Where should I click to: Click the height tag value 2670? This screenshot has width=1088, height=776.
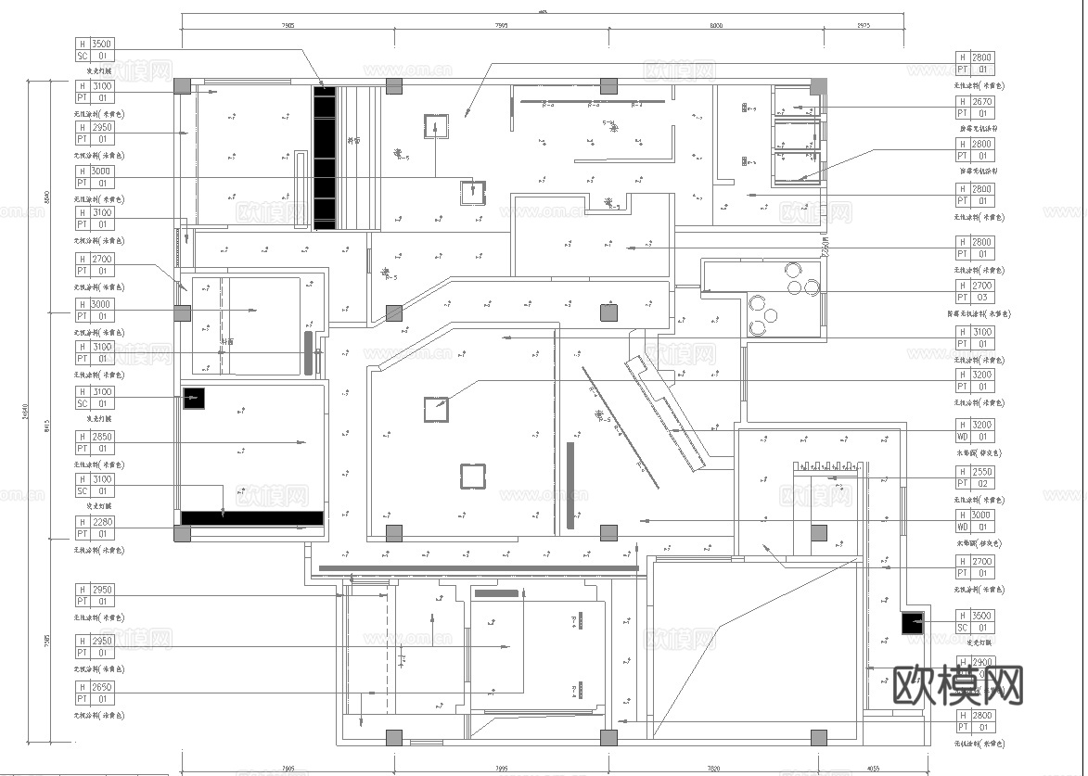(x=981, y=102)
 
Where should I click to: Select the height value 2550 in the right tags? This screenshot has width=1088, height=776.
(x=981, y=472)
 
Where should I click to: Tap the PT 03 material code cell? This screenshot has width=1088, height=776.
(x=981, y=298)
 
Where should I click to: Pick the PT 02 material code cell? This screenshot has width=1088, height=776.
(x=981, y=484)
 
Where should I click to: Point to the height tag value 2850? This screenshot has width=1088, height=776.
(x=102, y=437)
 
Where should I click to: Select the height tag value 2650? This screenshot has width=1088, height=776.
(x=102, y=688)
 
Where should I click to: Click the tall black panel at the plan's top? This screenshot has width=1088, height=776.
(x=324, y=158)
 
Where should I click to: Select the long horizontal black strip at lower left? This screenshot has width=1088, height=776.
(x=251, y=518)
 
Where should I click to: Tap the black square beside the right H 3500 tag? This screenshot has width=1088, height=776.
(x=913, y=623)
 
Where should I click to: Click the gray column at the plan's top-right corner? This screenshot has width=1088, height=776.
(x=818, y=86)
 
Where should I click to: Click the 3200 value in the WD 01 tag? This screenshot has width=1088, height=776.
(x=981, y=426)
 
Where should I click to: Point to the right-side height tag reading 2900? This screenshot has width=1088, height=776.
(x=981, y=662)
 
